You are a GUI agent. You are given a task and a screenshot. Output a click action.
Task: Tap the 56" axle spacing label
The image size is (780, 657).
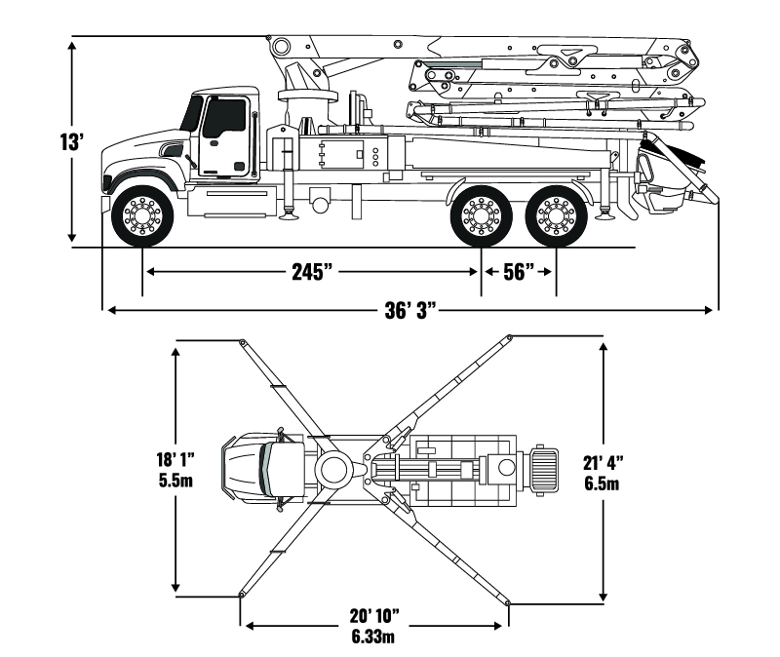pyautogui.click(x=518, y=272)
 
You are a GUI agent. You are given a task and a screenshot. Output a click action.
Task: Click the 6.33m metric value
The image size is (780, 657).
pyautogui.click(x=375, y=636)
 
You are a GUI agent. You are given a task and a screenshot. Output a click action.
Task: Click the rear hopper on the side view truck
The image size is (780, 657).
pyautogui.click(x=668, y=185)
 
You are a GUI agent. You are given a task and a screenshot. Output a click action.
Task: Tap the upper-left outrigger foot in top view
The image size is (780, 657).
pyautogui.click(x=241, y=341)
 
